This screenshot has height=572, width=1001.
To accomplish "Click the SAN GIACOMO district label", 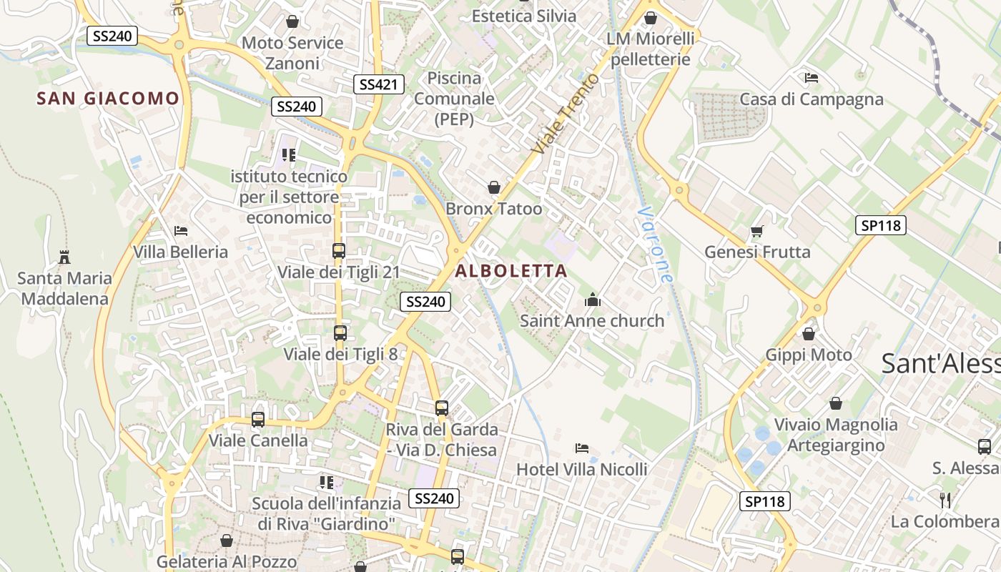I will [108, 99].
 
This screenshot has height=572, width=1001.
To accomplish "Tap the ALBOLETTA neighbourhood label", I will [511, 271].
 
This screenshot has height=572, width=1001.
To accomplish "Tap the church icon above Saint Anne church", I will [592, 300].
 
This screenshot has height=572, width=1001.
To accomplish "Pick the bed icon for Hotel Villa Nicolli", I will [582, 448].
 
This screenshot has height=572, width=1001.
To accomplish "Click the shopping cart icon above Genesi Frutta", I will [757, 231].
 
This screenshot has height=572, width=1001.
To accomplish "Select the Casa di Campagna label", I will [812, 99].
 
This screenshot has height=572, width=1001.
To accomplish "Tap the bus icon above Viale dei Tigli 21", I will [339, 251].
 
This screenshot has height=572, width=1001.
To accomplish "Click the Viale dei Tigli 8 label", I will [340, 354].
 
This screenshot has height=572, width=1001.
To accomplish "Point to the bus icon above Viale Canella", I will [258, 420].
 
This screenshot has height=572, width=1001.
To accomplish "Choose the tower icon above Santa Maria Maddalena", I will [64, 257].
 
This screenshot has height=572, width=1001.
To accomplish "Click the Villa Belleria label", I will [180, 252].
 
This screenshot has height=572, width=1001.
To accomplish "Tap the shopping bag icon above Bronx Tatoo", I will [493, 188].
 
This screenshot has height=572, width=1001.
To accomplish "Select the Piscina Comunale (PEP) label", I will [455, 99].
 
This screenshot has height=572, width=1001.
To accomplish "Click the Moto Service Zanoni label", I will [292, 53].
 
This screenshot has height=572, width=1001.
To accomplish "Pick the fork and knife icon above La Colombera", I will [945, 500].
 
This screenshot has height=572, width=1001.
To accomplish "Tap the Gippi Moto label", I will [809, 355].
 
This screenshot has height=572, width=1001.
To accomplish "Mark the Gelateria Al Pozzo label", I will [227, 561].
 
